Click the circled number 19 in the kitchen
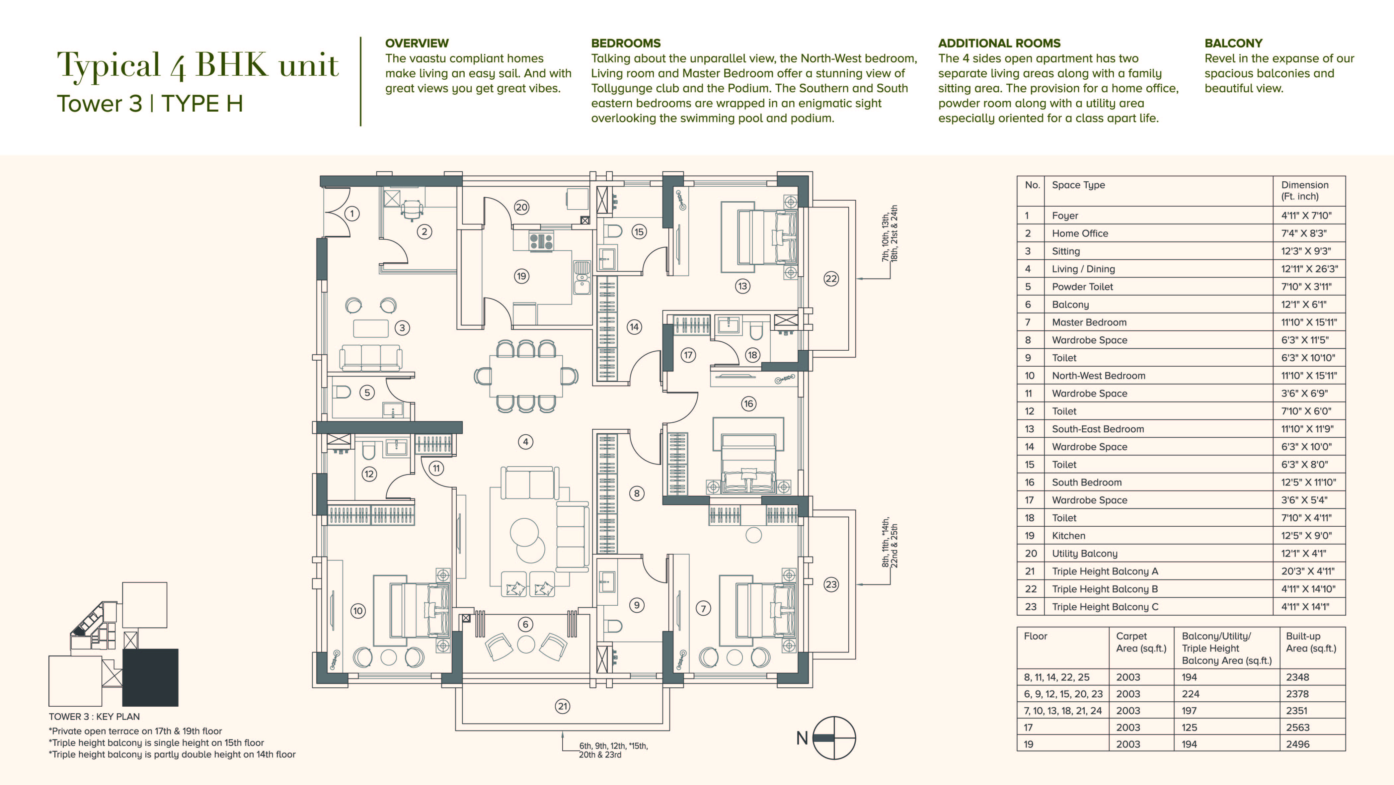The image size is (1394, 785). [521, 276]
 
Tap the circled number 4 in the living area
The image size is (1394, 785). [525, 442]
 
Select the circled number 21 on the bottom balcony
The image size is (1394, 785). [563, 706]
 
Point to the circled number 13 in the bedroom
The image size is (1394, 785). [742, 286]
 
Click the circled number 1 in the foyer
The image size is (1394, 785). [352, 213]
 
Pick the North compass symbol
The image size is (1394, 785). [834, 738]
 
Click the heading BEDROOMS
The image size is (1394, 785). [626, 43]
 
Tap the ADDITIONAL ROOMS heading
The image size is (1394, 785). [999, 43]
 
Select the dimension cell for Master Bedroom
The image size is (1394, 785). [1308, 322]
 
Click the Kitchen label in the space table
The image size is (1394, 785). [1068, 535]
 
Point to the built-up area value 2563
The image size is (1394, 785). [1298, 728]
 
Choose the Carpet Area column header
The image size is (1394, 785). [1141, 642]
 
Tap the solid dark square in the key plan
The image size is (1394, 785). [150, 677]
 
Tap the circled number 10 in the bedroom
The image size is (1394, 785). [358, 611]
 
